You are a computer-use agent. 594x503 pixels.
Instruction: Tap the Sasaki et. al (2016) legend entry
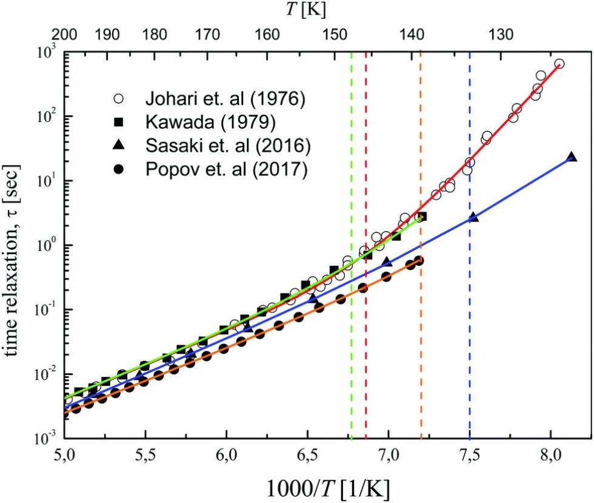tap(225, 147)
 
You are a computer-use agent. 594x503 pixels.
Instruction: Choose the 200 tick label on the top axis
tap(65, 34)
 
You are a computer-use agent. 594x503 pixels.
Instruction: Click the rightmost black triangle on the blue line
tap(571, 157)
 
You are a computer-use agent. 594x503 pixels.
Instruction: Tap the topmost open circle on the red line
tap(559, 64)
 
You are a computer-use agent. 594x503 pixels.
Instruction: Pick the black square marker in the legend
tap(119, 123)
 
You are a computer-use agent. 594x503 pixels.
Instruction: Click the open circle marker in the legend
tap(119, 98)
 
